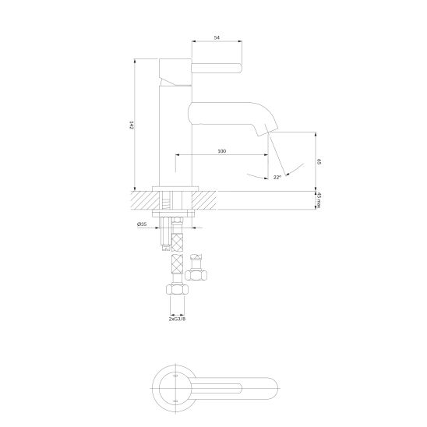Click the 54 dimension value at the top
pos(217,38)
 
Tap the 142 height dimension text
pos(132,125)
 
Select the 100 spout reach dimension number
pos(222,151)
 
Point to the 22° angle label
pos(277,178)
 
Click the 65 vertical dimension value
pos(319,161)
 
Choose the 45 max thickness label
pos(319,200)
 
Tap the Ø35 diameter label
pos(142,224)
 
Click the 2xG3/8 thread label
pos(178,319)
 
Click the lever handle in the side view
pos(217,68)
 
